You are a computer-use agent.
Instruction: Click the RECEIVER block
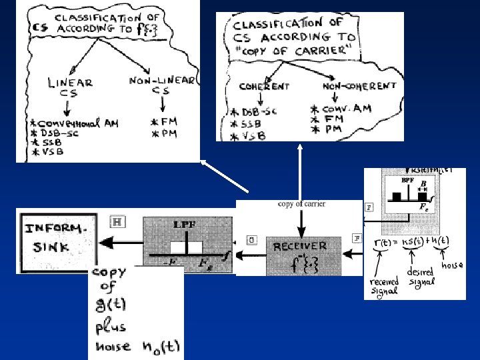pos(300,254)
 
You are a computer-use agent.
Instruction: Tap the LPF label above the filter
pos(184,225)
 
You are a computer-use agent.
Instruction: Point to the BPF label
pos(408,181)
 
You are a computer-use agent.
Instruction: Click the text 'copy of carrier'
pos(302,204)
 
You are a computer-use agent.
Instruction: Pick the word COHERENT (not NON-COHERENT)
pos(265,86)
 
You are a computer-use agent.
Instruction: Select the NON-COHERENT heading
pos(359,85)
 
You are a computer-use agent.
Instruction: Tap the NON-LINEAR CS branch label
pos(162,85)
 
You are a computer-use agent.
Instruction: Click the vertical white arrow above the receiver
pos(299,170)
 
